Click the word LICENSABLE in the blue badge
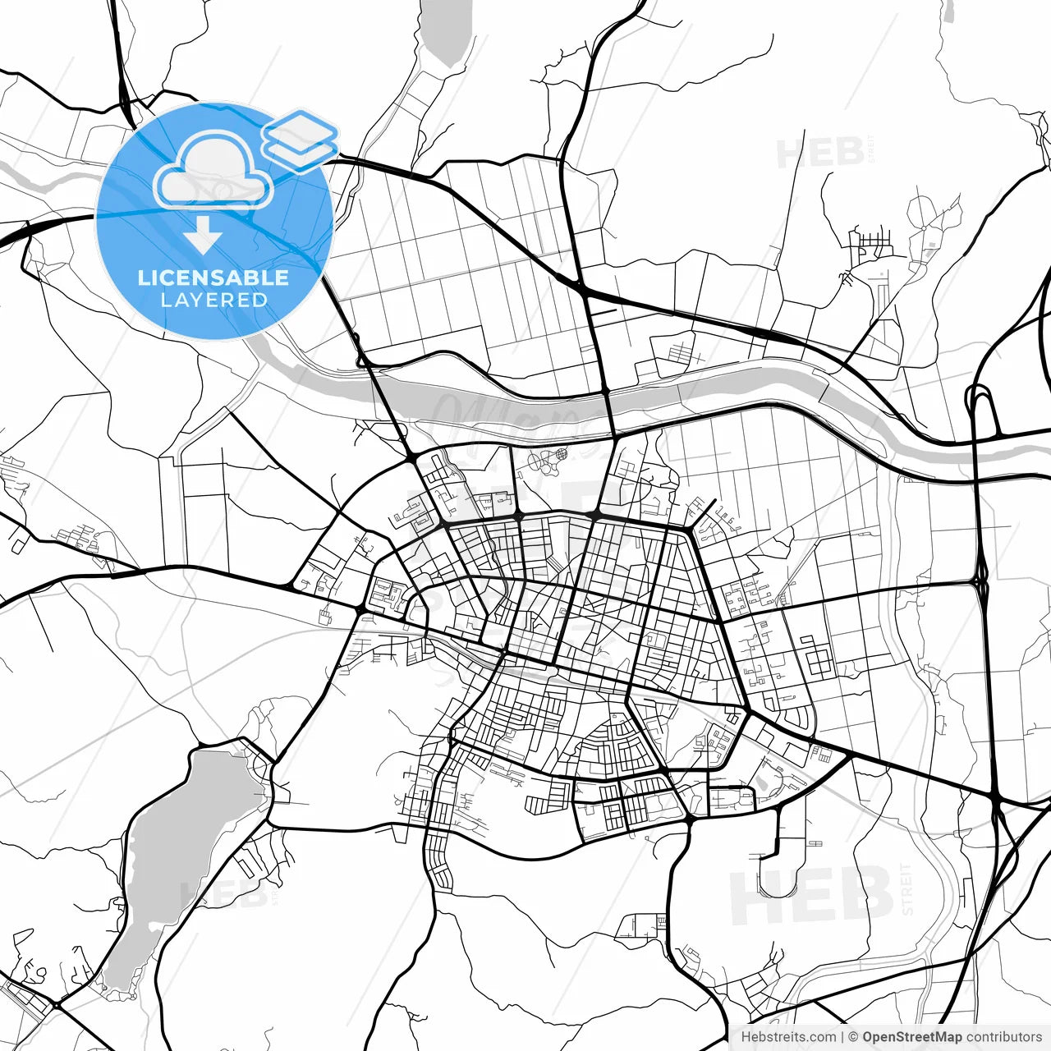click(213, 278)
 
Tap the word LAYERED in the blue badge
click(213, 300)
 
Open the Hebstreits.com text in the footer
click(788, 1037)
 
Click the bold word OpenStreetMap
click(912, 1037)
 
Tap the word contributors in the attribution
click(1003, 1037)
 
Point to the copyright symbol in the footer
click(853, 1037)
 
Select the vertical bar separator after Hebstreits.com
click(842, 1037)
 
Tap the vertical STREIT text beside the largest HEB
click(906, 889)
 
